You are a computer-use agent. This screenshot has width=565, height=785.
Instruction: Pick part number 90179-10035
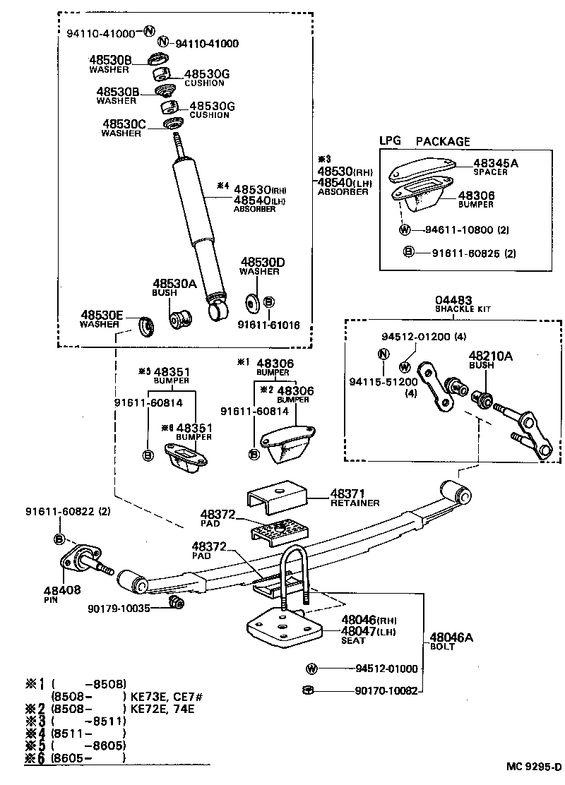click(119, 608)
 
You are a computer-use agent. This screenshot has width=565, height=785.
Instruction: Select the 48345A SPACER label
click(487, 167)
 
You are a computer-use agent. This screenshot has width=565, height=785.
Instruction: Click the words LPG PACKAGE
click(424, 141)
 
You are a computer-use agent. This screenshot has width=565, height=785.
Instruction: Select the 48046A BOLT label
click(451, 641)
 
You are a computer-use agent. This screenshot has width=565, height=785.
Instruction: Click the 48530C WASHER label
click(124, 128)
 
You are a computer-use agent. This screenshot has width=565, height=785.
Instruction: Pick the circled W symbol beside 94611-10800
click(405, 230)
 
